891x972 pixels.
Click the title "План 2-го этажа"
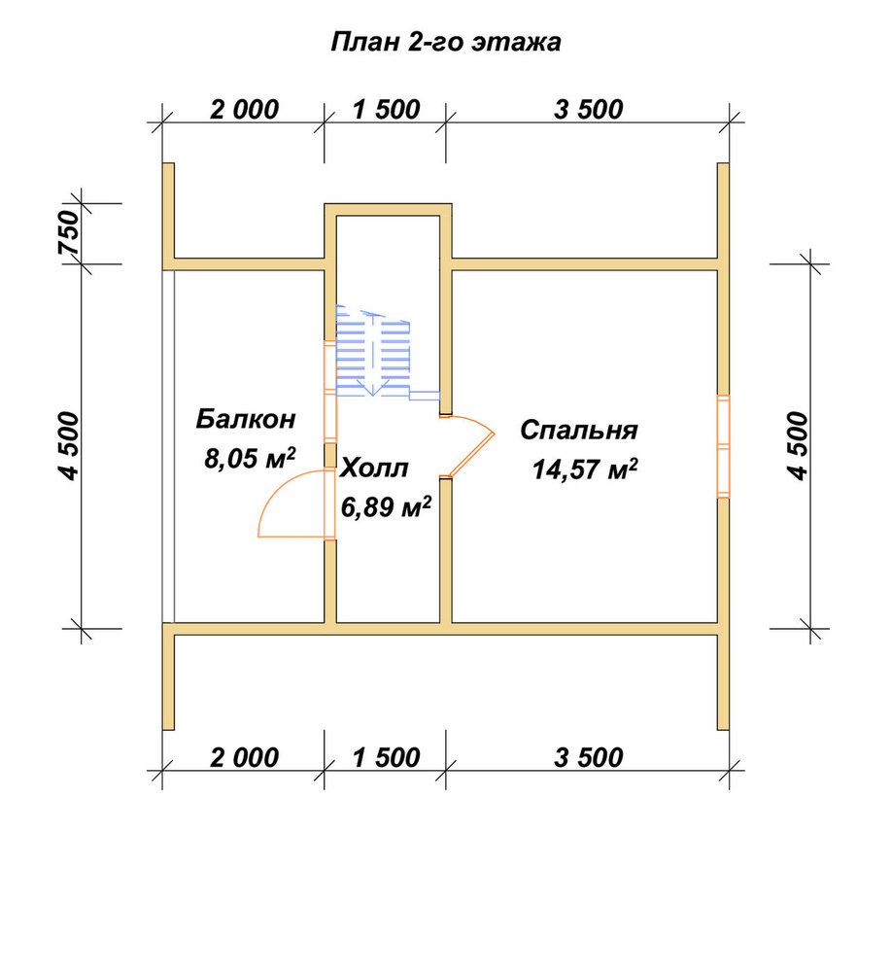tap(445, 43)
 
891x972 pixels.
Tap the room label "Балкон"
tap(246, 419)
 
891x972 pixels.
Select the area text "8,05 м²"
tap(249, 458)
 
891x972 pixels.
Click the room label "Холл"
tap(374, 469)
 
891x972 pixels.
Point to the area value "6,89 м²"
tap(386, 506)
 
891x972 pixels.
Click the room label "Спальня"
tap(579, 431)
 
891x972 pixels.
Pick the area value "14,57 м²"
tap(585, 469)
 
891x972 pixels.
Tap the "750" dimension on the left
tap(69, 232)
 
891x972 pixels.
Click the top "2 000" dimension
tap(244, 110)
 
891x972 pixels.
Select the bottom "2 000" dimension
tap(244, 757)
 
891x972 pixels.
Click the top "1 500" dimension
tap(386, 110)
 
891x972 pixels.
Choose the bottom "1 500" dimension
tap(386, 757)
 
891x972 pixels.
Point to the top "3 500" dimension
tap(588, 110)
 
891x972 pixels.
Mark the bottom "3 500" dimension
tap(588, 757)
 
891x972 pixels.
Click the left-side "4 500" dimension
tap(69, 446)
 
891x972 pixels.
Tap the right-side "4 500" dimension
tap(798, 446)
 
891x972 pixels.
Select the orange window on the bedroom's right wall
tap(723, 446)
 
